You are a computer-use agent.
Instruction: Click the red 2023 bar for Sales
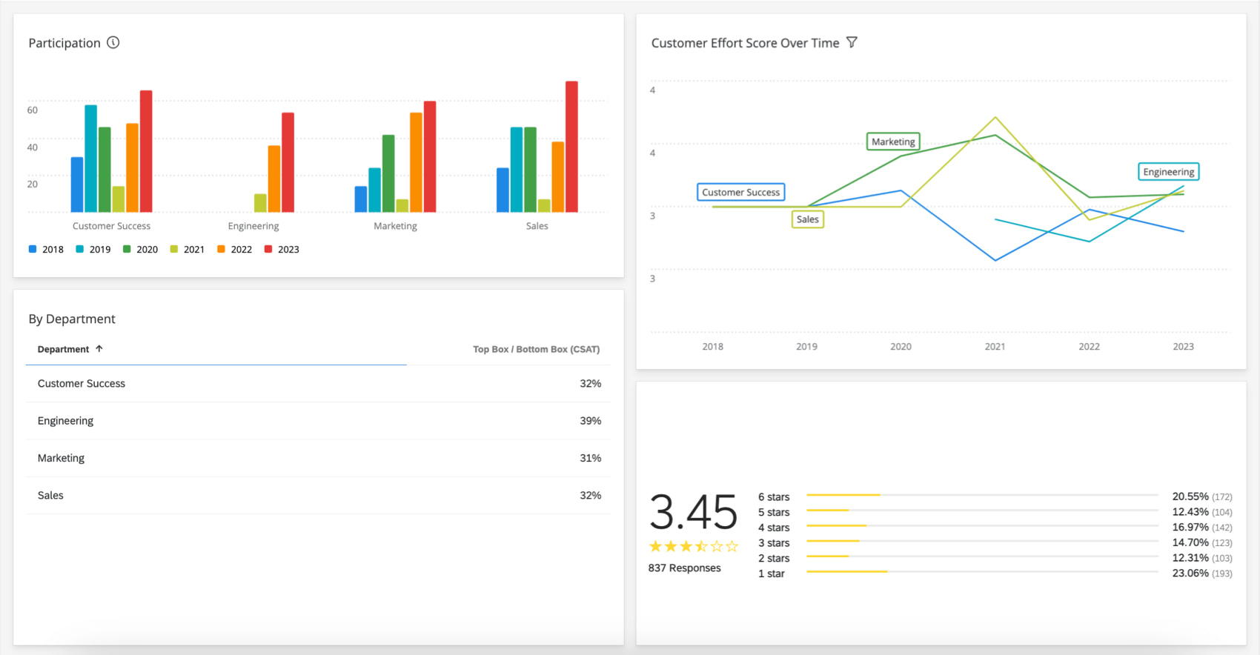571,147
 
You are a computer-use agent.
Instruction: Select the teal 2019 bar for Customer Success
90,159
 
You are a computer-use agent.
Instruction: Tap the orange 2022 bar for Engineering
274,179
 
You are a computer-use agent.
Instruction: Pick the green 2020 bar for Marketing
388,173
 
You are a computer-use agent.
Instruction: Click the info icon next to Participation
113,42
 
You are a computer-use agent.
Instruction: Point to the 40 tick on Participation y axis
33,147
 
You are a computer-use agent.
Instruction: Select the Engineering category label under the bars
253,226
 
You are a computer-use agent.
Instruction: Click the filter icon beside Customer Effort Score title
852,42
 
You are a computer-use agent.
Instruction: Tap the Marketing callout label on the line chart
893,142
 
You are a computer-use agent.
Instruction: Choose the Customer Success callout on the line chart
740,192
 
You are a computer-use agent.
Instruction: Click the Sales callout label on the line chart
807,219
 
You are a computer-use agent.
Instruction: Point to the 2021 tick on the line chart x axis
995,347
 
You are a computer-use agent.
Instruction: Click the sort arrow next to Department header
99,348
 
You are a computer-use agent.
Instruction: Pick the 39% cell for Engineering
590,421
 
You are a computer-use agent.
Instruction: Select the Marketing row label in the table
61,458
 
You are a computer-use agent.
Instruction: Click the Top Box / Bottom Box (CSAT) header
536,349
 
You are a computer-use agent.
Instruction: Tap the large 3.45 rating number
693,513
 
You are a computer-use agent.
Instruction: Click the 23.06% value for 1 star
1190,573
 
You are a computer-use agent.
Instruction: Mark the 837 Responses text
684,568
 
